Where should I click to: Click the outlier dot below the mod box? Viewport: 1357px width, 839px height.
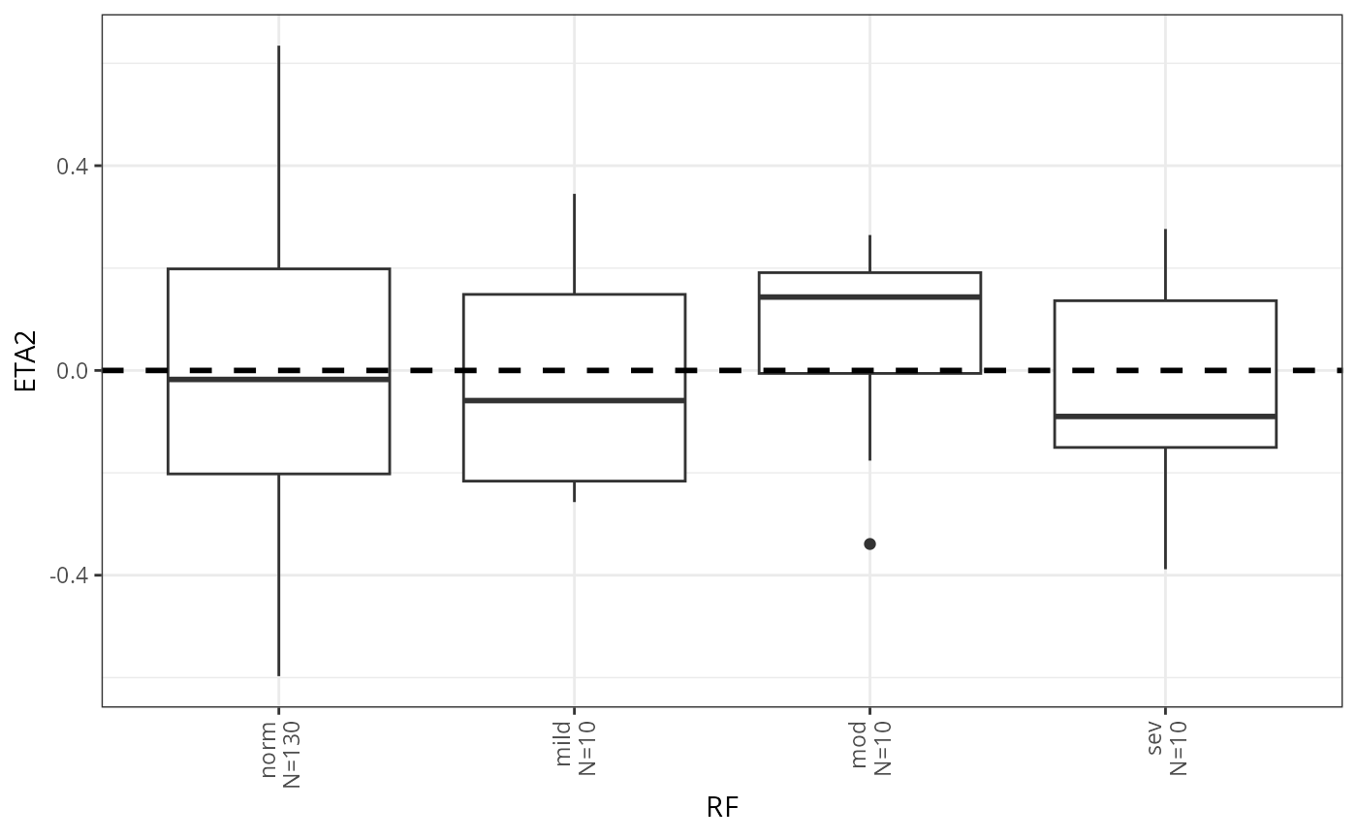pos(869,544)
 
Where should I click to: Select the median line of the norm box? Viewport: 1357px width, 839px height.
pos(278,379)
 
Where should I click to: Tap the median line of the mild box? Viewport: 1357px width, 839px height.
pos(574,400)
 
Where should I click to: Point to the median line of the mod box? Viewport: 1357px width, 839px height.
pos(869,296)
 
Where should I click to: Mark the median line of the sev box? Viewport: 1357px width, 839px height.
pos(1164,416)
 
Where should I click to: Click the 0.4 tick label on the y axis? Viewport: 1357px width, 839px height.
pos(72,166)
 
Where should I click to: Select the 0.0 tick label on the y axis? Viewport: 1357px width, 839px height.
pos(72,370)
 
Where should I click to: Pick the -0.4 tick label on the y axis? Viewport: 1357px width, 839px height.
pos(69,575)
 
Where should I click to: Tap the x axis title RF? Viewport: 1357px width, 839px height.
pos(722,808)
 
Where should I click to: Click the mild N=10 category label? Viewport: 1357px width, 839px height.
pos(576,747)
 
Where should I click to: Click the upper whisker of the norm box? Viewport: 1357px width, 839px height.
pos(278,155)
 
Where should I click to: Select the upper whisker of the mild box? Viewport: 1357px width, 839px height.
pos(574,243)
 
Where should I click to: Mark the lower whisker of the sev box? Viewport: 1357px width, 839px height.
pos(1164,508)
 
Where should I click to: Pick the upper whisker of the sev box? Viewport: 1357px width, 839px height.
pos(1164,264)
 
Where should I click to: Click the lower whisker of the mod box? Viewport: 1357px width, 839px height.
pos(869,417)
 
